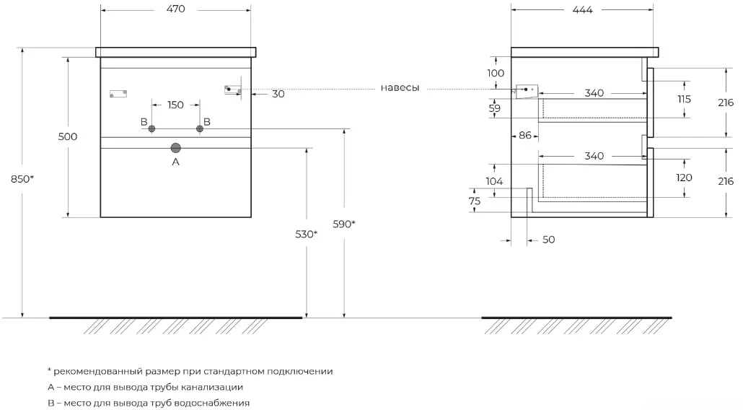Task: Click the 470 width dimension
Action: click(x=176, y=9)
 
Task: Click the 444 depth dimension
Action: click(x=582, y=10)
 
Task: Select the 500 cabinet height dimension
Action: click(x=68, y=136)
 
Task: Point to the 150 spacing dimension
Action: click(x=176, y=105)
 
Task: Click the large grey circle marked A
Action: click(x=176, y=148)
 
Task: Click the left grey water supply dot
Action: click(x=151, y=128)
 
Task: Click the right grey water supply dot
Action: click(x=200, y=128)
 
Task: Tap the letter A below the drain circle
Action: click(x=176, y=162)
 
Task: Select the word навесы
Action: click(x=400, y=88)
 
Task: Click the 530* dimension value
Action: click(x=306, y=234)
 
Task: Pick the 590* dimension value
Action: click(x=344, y=224)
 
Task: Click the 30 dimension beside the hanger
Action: click(x=278, y=95)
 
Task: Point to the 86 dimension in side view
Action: click(x=525, y=136)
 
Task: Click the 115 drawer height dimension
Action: click(x=685, y=99)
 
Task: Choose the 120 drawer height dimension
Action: click(x=685, y=178)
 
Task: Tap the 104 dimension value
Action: click(x=494, y=181)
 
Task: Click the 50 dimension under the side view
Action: click(x=549, y=240)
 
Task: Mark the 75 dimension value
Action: click(x=475, y=201)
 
